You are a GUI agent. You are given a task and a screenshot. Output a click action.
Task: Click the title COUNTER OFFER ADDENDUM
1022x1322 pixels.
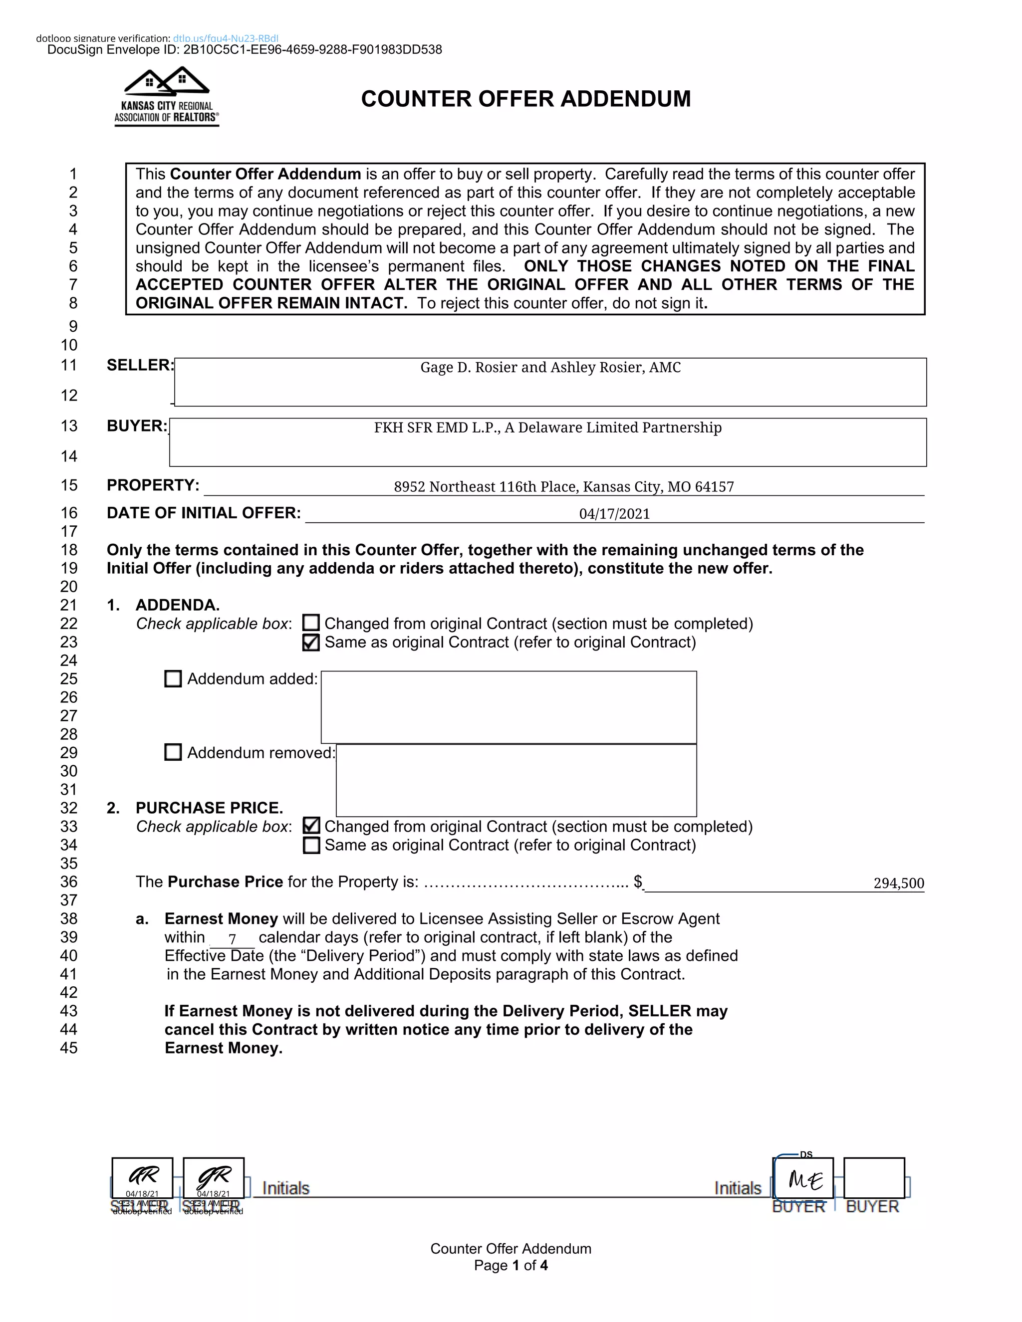point(525,99)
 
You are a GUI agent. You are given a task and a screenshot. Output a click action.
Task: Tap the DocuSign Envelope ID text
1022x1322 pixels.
point(245,49)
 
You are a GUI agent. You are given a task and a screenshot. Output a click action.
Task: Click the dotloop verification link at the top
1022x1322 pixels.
point(225,38)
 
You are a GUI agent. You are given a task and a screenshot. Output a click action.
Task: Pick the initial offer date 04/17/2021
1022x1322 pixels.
point(614,514)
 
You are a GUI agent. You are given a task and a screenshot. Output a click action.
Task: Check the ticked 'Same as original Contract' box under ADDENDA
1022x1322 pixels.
point(310,642)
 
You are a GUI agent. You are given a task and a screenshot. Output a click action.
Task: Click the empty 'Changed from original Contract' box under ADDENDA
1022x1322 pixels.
point(310,623)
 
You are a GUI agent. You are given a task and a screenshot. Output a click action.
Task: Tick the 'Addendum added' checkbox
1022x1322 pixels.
point(173,678)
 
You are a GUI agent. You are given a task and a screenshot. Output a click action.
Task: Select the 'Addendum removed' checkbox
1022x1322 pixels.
point(173,752)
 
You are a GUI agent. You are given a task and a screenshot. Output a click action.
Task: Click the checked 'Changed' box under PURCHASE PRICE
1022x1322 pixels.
point(310,826)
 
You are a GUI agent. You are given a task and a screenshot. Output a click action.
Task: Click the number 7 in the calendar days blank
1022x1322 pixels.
point(233,939)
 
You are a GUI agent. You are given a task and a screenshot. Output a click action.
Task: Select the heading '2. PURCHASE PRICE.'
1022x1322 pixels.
point(209,808)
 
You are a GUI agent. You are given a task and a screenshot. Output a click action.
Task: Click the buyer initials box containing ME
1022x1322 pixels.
point(803,1178)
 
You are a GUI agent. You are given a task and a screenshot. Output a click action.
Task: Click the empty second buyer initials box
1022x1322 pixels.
point(874,1178)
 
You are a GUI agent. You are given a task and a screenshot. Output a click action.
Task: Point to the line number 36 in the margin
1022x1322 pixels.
point(69,882)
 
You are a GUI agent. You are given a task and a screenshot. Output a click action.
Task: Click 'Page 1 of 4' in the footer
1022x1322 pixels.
point(511,1266)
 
